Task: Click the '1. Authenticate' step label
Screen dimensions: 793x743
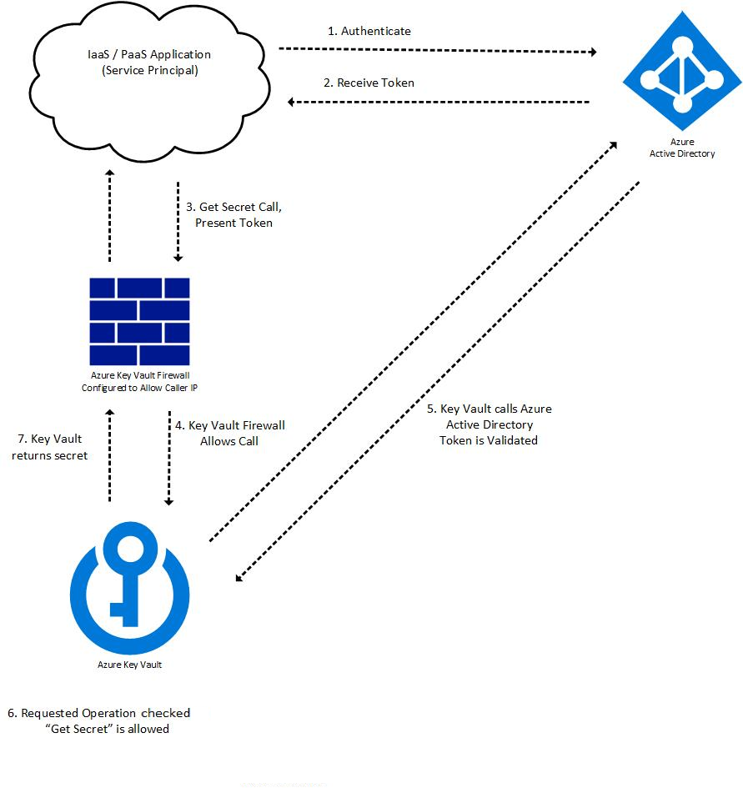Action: pos(369,31)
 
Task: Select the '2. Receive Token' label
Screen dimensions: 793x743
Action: pos(369,83)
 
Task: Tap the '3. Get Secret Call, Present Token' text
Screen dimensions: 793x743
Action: pos(233,214)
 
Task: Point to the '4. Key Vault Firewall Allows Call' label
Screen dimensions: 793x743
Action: pos(229,433)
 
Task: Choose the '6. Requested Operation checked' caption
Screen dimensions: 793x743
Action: pos(99,713)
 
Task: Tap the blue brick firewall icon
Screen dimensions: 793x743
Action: pos(139,321)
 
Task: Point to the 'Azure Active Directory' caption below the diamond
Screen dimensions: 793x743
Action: pos(682,148)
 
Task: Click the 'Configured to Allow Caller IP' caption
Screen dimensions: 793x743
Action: pos(139,388)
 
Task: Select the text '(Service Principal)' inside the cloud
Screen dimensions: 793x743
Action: pos(150,70)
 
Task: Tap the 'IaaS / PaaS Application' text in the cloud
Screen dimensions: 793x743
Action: pos(151,54)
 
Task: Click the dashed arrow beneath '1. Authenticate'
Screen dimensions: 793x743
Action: pos(438,50)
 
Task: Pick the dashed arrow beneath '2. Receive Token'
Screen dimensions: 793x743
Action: pos(439,102)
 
